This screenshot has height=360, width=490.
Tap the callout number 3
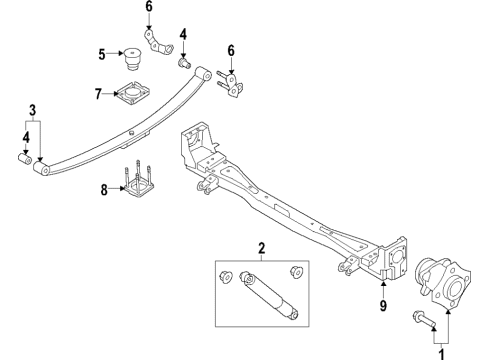pyautogui.click(x=31, y=109)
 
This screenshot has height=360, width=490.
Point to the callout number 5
pyautogui.click(x=101, y=54)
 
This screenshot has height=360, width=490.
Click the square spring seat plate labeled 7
pyautogui.click(x=131, y=94)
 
